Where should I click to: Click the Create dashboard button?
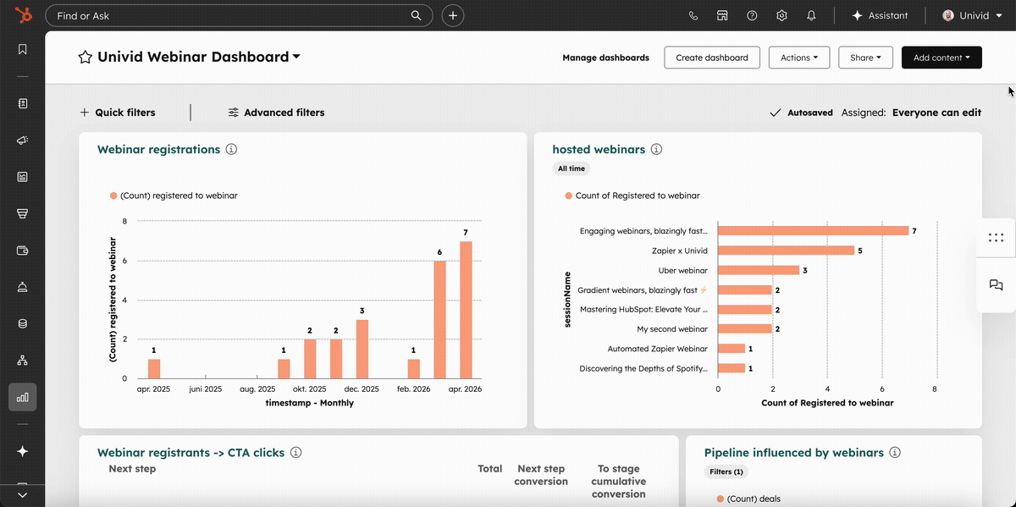(x=712, y=58)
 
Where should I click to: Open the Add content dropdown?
(x=941, y=58)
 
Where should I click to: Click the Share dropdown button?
(x=865, y=58)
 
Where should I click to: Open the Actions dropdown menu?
(x=798, y=58)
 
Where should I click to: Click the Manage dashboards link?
(x=605, y=58)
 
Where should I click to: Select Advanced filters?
(x=276, y=113)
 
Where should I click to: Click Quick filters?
(x=118, y=113)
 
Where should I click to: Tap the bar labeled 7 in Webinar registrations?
(x=466, y=310)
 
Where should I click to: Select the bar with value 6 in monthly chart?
(x=439, y=319)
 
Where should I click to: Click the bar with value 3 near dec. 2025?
(x=362, y=349)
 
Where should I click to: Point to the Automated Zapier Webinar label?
(x=657, y=349)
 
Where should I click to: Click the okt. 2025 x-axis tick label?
(x=310, y=389)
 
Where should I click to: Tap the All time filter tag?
(x=571, y=168)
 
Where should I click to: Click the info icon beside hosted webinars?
(x=656, y=150)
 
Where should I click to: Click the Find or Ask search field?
(x=229, y=15)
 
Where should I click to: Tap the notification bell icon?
(x=811, y=15)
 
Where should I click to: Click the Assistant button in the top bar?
(x=880, y=15)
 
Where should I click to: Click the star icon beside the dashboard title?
(x=85, y=58)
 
